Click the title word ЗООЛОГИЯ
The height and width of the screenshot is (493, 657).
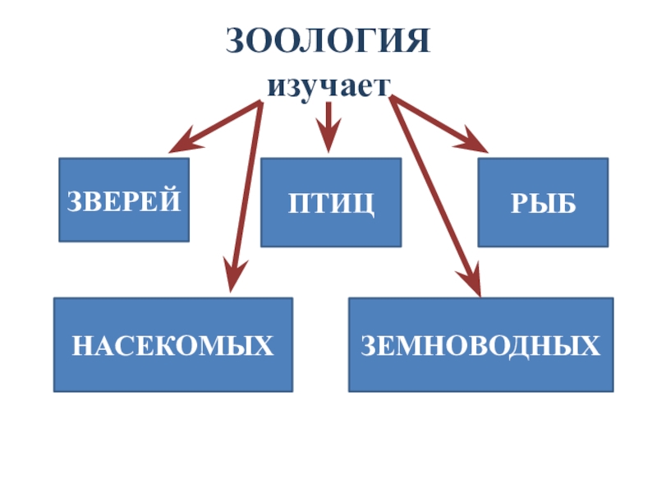click(328, 40)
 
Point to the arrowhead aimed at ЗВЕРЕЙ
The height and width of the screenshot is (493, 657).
click(181, 143)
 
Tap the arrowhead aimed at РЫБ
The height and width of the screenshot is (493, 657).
click(476, 141)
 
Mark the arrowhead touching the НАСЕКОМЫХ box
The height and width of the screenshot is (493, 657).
click(233, 280)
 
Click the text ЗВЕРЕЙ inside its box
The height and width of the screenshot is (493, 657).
click(124, 200)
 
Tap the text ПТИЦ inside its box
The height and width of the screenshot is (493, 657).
click(331, 203)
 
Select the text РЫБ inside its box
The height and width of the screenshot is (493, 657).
click(543, 203)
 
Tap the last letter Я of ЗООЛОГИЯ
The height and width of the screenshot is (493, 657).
click(417, 40)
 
